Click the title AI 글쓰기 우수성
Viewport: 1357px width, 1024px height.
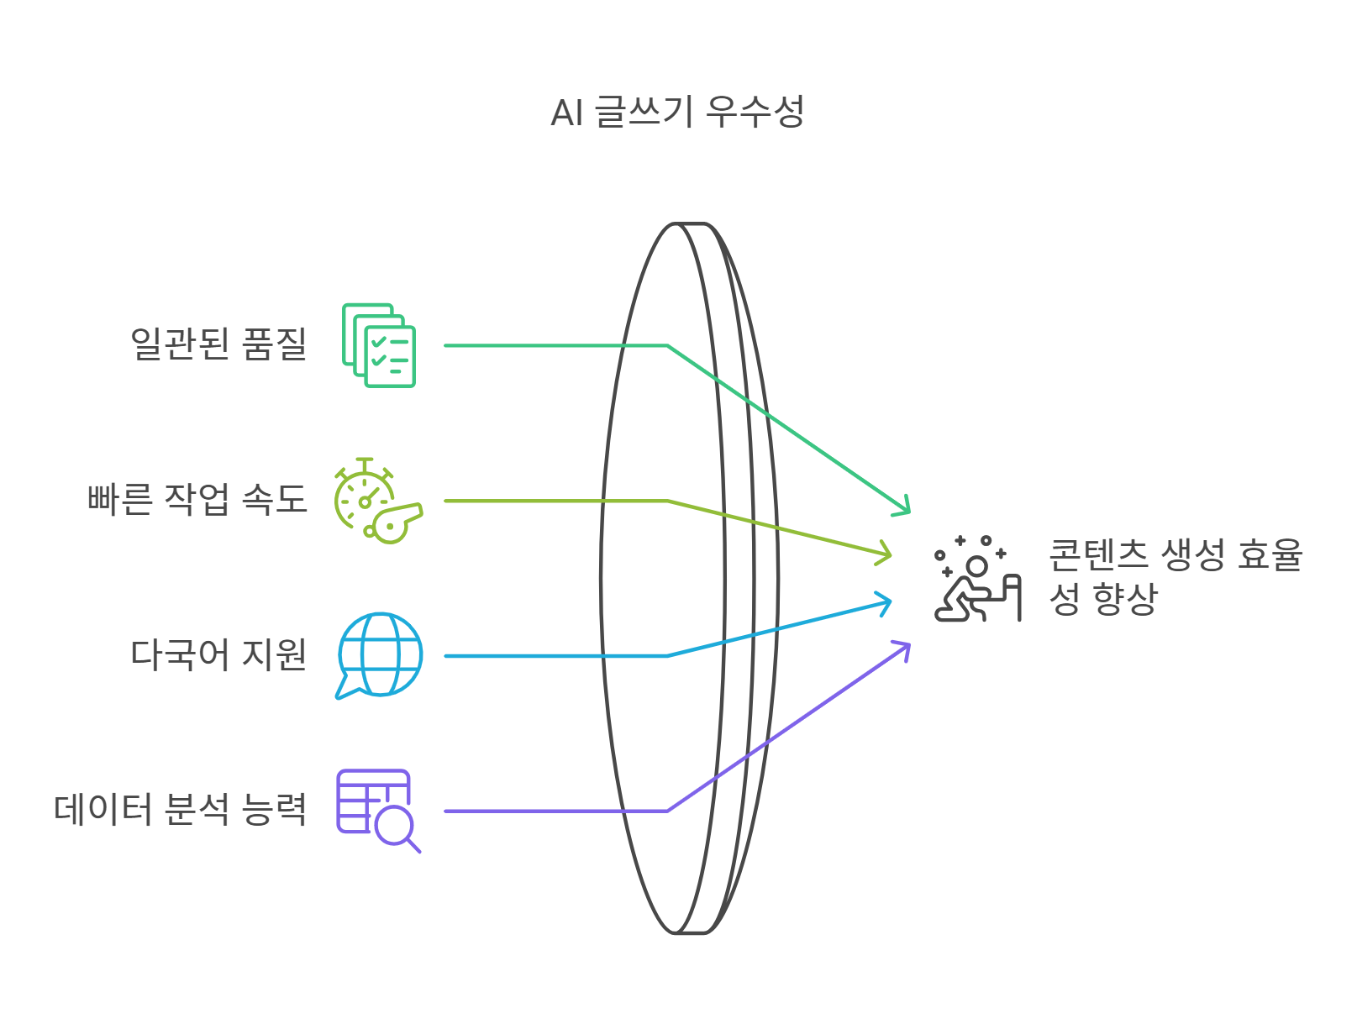point(677,113)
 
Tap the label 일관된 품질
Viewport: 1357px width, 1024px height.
point(218,344)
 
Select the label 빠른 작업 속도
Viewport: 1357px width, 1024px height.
point(197,500)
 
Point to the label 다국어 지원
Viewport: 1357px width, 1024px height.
point(218,655)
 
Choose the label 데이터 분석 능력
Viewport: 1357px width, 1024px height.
point(180,810)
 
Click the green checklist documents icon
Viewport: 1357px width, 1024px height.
point(379,345)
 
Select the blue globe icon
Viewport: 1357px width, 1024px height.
point(380,655)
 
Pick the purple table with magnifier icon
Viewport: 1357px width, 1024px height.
point(377,811)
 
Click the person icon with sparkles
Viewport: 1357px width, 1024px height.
point(977,580)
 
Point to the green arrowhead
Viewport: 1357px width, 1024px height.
point(903,507)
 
